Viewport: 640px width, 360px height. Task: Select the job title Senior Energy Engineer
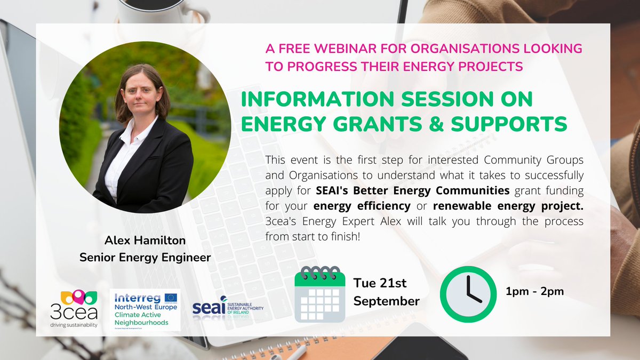tap(145, 258)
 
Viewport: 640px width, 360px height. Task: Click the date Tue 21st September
tap(387, 292)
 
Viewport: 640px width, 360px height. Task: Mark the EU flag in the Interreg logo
tap(172, 297)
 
